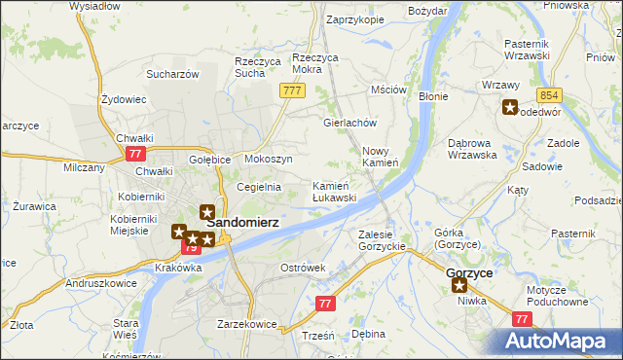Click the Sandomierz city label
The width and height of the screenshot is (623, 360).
242,222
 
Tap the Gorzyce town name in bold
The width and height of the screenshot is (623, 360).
468,273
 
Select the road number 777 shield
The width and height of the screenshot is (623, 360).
292,90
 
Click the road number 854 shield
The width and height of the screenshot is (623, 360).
549,94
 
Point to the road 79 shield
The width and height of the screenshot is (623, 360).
191,249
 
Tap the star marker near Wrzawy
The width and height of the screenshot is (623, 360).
509,108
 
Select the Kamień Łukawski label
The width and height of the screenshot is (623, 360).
334,191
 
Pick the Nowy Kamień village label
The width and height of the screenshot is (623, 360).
381,157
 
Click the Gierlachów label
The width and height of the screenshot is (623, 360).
349,124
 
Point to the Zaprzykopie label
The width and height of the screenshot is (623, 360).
355,18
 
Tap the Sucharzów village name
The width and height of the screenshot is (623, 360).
172,73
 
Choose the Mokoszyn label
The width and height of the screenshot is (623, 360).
269,158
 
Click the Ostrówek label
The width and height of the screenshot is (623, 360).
302,267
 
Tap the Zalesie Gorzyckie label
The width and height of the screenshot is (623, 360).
382,240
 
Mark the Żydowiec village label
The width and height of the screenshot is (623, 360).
124,99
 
